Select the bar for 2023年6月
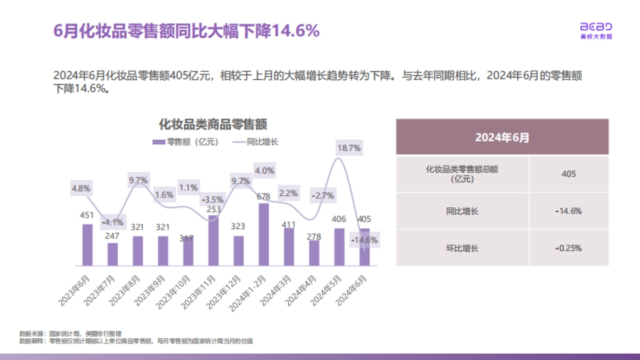click(x=87, y=245)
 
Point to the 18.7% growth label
click(x=349, y=148)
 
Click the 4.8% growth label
click(x=81, y=188)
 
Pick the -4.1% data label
click(x=113, y=222)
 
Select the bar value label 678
click(x=263, y=196)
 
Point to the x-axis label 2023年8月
click(x=127, y=291)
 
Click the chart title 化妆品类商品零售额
click(x=213, y=125)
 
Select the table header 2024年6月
click(x=502, y=137)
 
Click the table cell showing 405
click(x=569, y=174)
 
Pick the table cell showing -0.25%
click(x=569, y=248)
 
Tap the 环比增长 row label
click(x=462, y=248)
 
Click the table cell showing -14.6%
click(x=569, y=211)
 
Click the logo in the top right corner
click(x=596, y=30)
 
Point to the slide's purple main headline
click(x=187, y=31)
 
